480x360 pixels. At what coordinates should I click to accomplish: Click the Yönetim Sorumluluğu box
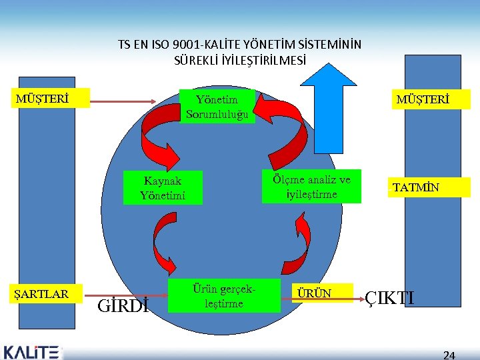point(217,107)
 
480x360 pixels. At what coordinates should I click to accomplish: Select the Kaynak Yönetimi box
point(163,188)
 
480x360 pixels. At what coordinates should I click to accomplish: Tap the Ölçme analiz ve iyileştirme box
point(311,187)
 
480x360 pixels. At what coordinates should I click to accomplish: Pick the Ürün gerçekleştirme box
point(224,295)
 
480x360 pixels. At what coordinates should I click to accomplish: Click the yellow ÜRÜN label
point(323,293)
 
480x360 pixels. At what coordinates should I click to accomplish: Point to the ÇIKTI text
point(390,297)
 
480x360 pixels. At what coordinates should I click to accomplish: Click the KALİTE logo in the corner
point(31,351)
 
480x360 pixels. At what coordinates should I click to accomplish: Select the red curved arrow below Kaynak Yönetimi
point(162,240)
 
